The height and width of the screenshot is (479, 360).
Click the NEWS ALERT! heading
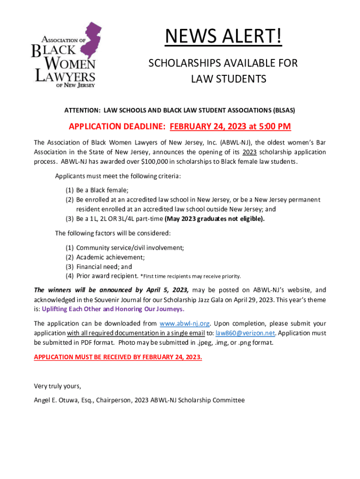tap(223, 37)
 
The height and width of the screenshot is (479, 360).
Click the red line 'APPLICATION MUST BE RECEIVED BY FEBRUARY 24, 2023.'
tap(118, 357)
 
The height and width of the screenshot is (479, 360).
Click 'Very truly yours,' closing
tap(58, 386)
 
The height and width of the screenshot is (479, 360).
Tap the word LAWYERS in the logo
tap(65, 76)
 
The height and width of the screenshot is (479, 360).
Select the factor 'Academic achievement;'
tap(110, 257)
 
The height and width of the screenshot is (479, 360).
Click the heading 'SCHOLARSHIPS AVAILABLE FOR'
tap(223, 63)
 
